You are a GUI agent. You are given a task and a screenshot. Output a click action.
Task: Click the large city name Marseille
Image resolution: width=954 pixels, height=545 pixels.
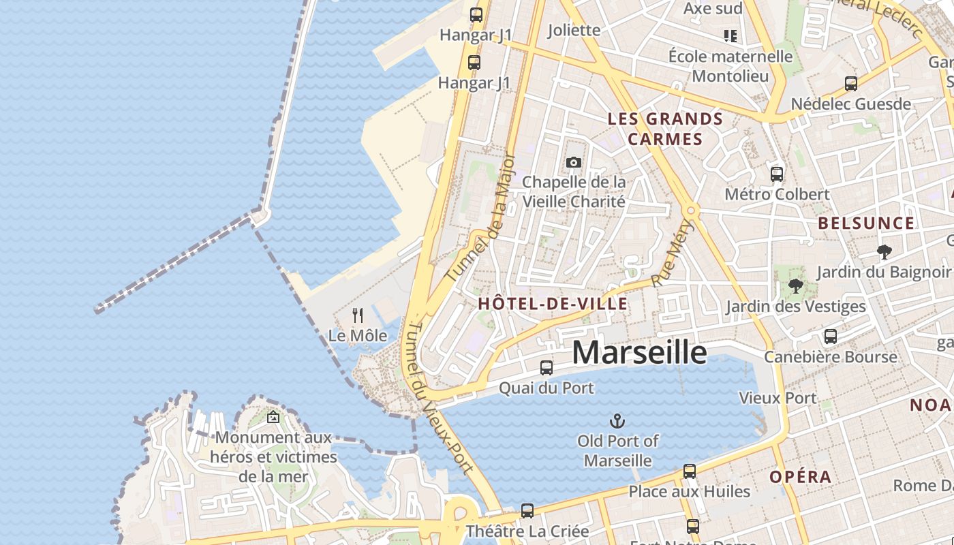pos(639,352)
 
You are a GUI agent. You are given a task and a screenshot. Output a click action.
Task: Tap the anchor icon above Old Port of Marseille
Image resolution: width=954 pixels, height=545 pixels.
pos(617,420)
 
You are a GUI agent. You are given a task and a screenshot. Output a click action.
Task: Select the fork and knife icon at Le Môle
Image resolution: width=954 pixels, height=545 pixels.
pos(357,315)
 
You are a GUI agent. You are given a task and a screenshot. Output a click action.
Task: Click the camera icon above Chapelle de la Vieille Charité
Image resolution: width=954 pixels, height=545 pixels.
pos(573,162)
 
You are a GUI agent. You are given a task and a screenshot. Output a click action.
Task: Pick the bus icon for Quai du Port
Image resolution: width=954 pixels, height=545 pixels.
pos(547,368)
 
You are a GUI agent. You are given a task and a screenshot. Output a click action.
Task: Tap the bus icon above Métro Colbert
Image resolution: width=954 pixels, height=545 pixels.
pos(777,174)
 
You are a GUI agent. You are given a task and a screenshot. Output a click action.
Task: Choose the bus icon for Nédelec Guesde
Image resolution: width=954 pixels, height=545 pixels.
pos(851,84)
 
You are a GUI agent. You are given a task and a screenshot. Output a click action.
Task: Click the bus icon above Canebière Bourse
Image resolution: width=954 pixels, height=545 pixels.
pos(830,337)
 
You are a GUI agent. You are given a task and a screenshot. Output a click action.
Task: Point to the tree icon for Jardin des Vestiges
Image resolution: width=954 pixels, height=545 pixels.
pos(795,286)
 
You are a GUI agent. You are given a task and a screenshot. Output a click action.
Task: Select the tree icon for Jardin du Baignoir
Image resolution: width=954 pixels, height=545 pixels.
pos(884,252)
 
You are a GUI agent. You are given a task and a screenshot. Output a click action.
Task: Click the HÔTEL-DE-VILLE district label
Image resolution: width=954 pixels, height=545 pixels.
pos(553,304)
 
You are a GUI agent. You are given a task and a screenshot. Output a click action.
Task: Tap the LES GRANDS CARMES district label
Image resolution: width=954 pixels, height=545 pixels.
pos(665,129)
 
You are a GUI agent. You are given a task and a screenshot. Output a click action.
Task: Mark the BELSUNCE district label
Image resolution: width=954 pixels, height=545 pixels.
pos(866,223)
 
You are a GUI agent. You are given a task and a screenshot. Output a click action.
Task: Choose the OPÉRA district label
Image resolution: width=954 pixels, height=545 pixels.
pos(801,477)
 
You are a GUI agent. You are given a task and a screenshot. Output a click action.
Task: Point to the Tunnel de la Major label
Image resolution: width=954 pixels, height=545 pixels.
pos(481,218)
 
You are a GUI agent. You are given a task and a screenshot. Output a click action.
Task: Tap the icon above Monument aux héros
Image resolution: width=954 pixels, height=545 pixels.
pos(273,417)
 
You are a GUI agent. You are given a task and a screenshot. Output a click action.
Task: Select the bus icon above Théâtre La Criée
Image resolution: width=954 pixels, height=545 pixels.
pos(527,510)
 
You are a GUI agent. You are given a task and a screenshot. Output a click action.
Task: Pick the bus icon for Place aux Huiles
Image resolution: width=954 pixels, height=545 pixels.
pos(690,471)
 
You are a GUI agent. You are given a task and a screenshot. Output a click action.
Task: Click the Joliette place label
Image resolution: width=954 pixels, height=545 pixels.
pos(574,30)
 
